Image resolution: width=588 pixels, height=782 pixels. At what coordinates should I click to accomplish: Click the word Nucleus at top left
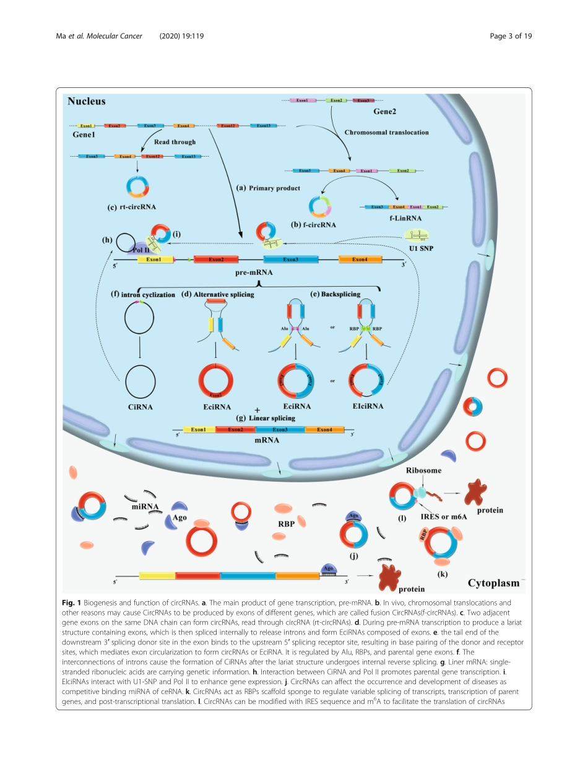(87, 101)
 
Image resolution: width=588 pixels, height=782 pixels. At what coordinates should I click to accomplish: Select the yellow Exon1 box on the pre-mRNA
(150, 259)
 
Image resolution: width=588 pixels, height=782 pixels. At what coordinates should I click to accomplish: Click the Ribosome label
(423, 471)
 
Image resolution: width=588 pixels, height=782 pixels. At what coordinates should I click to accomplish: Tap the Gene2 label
(384, 111)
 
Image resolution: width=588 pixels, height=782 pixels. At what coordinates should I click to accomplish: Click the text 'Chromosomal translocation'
(386, 132)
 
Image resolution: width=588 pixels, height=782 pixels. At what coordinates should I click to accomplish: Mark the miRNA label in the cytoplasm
(145, 506)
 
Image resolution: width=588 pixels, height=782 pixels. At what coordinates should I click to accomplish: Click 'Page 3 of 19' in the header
(511, 36)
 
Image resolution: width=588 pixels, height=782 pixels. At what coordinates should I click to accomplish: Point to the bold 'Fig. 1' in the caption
(72, 602)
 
